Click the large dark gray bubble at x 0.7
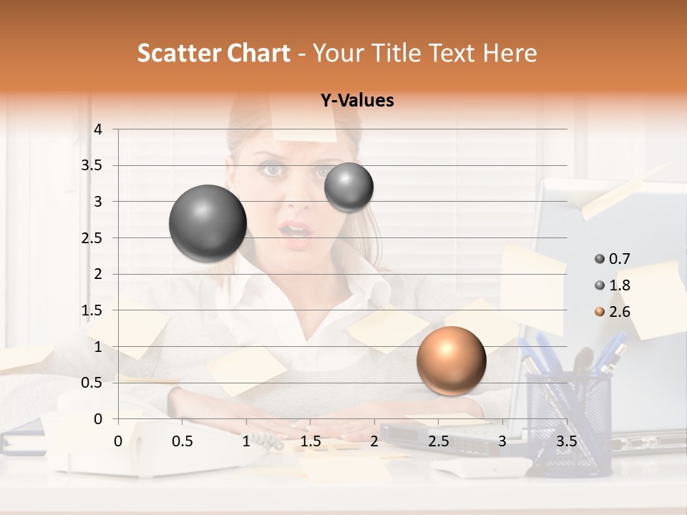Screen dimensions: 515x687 coord(208,223)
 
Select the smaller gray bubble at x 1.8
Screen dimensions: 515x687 coord(349,187)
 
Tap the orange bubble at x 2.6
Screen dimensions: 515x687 coord(451,360)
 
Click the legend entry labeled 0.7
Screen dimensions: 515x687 coord(619,259)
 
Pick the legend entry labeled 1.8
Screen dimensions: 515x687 coord(619,285)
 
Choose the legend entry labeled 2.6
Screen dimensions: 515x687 coord(619,312)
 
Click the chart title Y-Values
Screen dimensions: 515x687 coord(357,101)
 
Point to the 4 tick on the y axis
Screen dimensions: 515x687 coord(98,129)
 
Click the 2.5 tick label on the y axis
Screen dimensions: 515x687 coord(92,238)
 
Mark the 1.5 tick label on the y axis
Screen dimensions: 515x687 coord(92,310)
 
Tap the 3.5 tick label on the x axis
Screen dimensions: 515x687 coord(566,441)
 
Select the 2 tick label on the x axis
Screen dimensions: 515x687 coord(374,441)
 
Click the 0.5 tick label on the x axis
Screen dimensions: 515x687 coord(182,441)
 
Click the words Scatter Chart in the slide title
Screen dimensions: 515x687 coord(214,53)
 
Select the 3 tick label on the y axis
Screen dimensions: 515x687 coord(98,202)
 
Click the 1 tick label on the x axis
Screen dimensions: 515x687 coord(246,441)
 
